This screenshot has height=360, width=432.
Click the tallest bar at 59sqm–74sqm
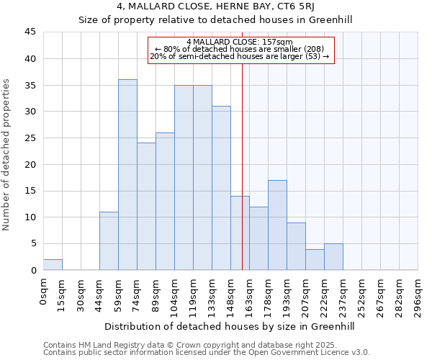pos(127,175)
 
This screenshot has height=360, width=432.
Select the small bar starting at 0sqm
pos(53,265)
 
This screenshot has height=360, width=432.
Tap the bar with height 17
pos(277,225)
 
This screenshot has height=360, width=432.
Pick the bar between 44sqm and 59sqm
pos(109,240)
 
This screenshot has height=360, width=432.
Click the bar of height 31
pos(221,188)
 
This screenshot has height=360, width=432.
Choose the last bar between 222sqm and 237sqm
pos(333,257)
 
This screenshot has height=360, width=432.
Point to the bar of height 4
pos(315,259)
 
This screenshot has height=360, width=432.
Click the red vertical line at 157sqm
pos(242,180)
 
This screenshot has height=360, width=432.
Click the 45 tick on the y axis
pos(30,32)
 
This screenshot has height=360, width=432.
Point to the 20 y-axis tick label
pos(30,165)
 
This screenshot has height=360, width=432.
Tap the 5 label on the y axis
pos(33,244)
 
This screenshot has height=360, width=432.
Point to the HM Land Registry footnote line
pos(186,345)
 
